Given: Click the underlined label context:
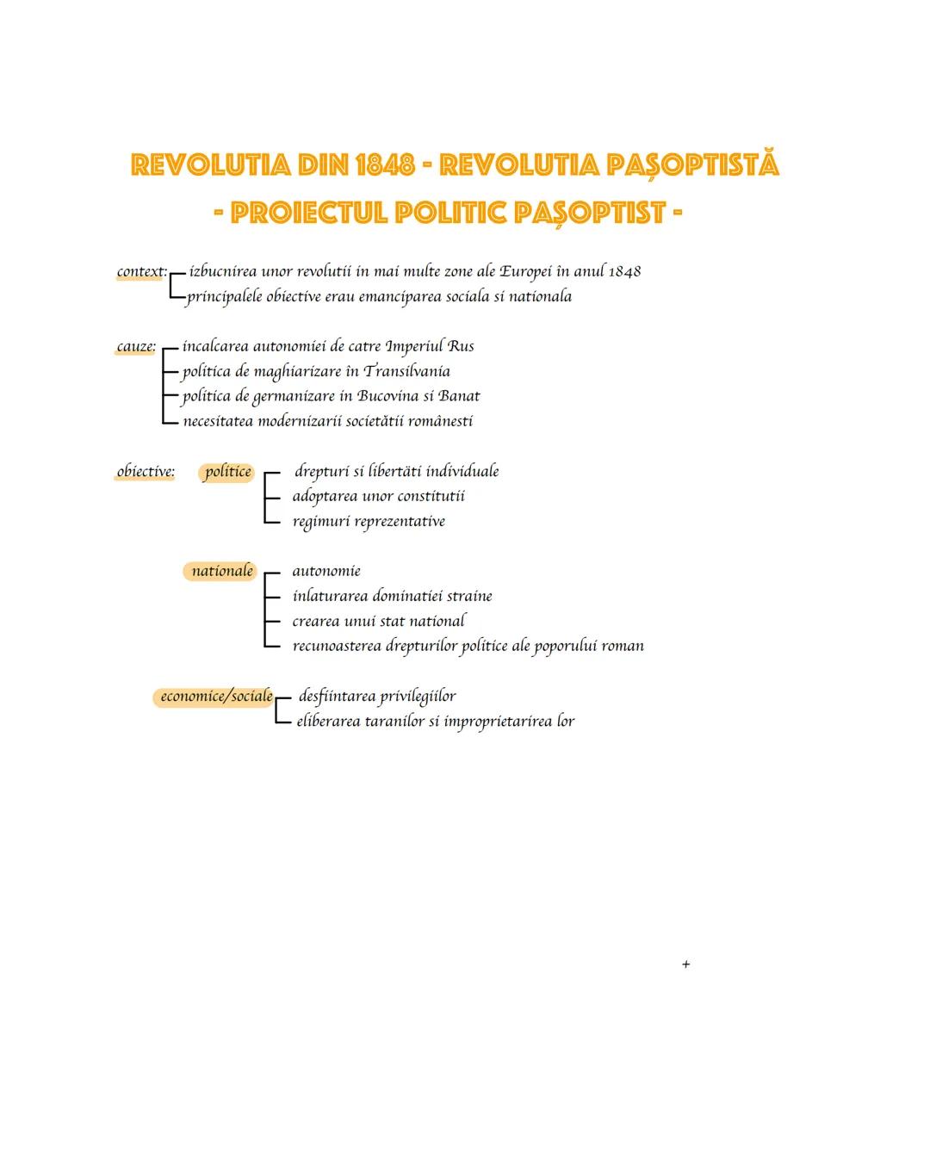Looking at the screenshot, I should [141, 271].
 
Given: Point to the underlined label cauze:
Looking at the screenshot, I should [136, 347].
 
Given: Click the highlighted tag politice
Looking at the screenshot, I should [228, 471].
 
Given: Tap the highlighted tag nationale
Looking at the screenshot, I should [222, 571].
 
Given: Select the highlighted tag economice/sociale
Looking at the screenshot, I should [216, 697].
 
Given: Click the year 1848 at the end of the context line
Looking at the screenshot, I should [624, 271].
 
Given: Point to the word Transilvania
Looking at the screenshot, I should [406, 371].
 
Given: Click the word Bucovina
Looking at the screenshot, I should [388, 396].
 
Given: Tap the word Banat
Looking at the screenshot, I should [459, 396].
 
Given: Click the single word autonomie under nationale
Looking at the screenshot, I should [326, 571].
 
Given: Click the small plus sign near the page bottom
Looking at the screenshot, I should [685, 964].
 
